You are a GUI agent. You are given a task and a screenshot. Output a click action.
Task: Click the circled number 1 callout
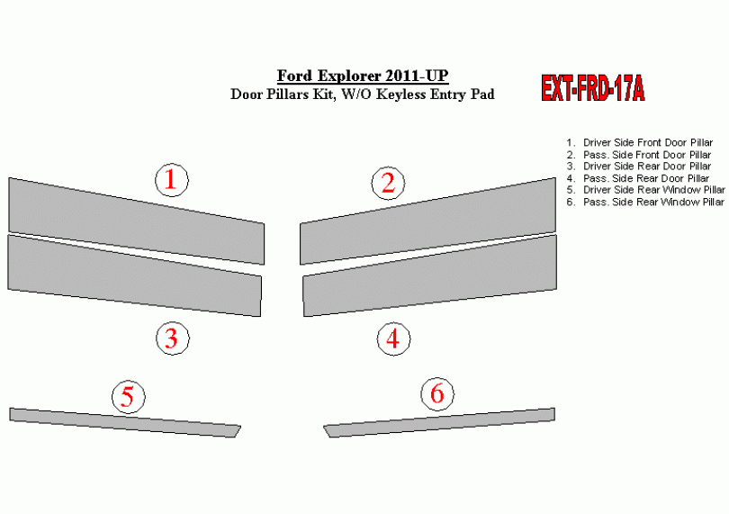click(172, 180)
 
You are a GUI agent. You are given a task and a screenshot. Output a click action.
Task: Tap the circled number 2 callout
click(388, 183)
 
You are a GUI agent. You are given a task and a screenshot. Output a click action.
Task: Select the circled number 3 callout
click(173, 338)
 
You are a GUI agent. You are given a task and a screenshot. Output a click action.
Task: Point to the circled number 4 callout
click(393, 338)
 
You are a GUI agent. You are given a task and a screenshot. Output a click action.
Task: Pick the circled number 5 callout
click(129, 397)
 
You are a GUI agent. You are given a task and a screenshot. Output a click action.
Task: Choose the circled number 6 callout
click(437, 394)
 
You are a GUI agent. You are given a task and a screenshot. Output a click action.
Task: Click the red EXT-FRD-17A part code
click(593, 88)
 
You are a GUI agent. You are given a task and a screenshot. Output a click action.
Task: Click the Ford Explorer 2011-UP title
click(363, 76)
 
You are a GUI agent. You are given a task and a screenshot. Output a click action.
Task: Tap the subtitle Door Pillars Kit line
click(363, 95)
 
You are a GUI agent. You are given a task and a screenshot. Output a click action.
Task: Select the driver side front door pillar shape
click(136, 221)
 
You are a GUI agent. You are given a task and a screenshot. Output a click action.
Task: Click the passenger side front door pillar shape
click(427, 221)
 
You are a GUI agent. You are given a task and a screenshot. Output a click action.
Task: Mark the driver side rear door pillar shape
click(134, 275)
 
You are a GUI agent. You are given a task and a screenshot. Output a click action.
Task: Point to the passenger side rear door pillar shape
click(430, 275)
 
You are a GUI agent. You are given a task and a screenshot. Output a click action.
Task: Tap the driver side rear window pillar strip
click(124, 423)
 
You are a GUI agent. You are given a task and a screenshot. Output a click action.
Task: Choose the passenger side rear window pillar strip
click(439, 423)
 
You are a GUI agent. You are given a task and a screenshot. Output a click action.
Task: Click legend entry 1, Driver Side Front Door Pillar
click(640, 143)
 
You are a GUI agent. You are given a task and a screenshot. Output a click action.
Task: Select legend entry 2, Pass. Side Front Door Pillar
click(639, 155)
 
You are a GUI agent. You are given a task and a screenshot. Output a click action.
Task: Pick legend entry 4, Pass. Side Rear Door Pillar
click(638, 178)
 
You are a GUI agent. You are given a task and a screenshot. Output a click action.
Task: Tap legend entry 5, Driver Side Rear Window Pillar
click(646, 190)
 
